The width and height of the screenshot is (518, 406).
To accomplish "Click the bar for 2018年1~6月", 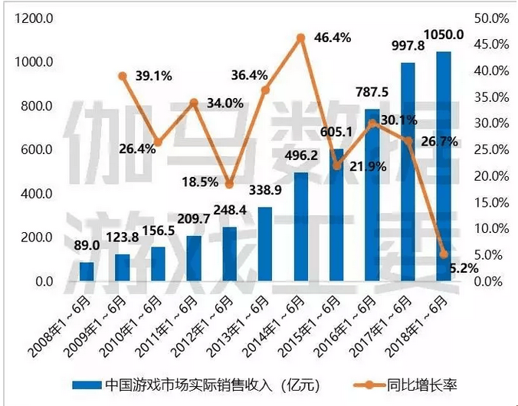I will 444,167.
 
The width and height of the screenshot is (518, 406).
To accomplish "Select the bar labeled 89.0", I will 87,272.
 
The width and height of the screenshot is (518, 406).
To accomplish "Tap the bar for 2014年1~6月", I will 301,228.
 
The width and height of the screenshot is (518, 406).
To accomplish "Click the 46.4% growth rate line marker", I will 301,38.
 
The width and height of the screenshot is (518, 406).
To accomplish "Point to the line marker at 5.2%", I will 444,254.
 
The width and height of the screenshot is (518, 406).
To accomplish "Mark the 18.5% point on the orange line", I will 230,185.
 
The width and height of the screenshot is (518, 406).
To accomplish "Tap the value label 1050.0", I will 445,34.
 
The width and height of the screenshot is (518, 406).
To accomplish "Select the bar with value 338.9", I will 265,244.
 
